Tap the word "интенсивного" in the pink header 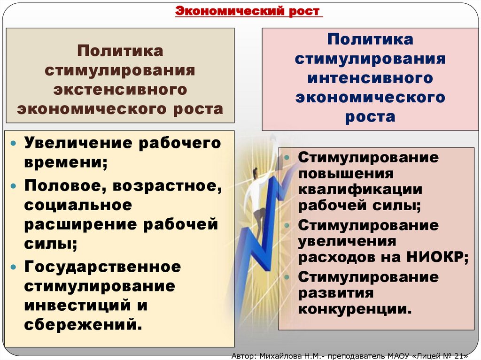370,77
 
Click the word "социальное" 78,205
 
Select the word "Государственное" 103,267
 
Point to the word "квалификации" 360,190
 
